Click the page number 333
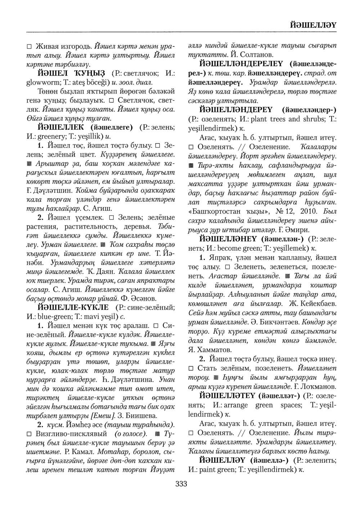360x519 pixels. pyautogui.click(x=181, y=484)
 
